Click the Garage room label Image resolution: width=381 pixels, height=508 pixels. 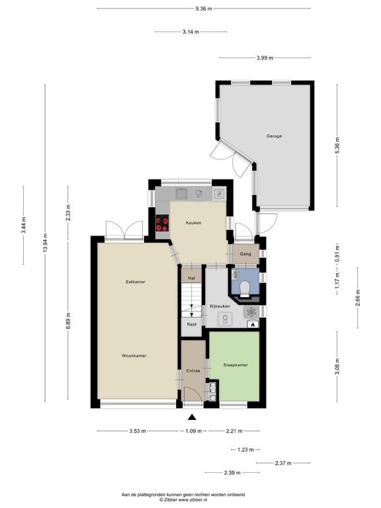[274, 136]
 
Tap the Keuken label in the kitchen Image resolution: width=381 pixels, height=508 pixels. [193, 223]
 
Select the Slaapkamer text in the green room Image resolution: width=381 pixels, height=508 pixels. [235, 365]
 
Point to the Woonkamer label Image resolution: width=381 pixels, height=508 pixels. [134, 356]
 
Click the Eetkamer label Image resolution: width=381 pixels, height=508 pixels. [136, 282]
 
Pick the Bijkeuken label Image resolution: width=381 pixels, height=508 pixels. [220, 306]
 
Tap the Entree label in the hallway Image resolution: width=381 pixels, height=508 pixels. [193, 371]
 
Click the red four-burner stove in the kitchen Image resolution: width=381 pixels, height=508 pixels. [162, 224]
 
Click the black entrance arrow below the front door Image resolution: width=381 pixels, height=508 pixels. [192, 417]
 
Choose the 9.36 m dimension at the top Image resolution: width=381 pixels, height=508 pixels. [204, 9]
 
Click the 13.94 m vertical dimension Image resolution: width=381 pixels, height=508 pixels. [45, 243]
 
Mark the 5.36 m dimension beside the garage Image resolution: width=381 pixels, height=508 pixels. [337, 146]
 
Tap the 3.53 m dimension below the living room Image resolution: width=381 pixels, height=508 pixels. [138, 431]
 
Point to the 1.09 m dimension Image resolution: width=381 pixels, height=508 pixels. [193, 431]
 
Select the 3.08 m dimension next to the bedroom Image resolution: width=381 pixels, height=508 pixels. [337, 366]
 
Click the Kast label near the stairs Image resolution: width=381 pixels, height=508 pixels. [192, 324]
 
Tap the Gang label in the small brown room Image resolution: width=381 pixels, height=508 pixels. [245, 254]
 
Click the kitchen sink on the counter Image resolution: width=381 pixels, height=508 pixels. [181, 194]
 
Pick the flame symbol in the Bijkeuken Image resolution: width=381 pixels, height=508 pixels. [253, 323]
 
